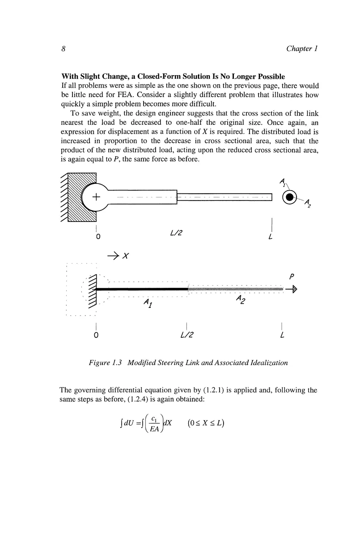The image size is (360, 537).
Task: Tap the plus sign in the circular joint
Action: (95, 197)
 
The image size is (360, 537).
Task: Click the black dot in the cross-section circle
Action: (290, 197)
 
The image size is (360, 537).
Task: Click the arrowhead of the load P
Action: (294, 290)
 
